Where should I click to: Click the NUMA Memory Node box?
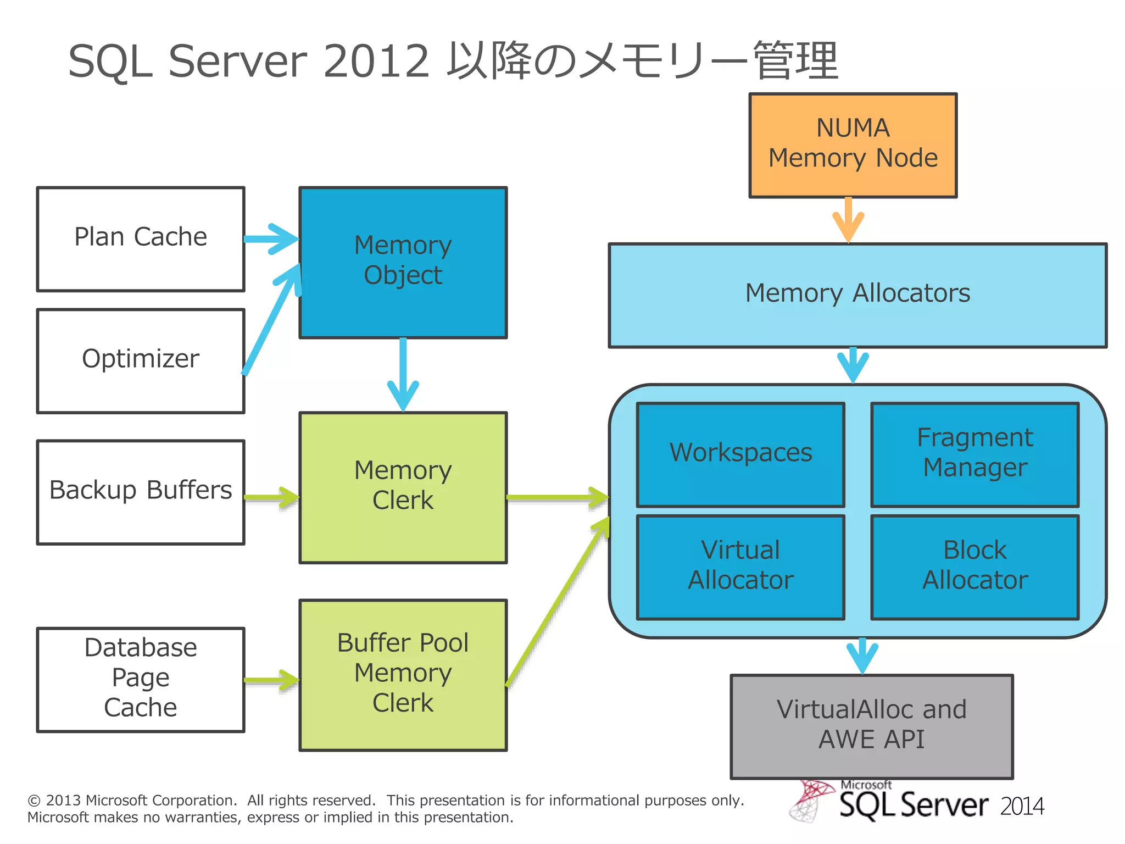pos(853,145)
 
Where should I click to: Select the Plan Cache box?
pos(141,239)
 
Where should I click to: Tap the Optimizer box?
pos(141,360)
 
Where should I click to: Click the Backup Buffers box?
pos(141,492)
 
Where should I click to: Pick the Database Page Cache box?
pos(141,679)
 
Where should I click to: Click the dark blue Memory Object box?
pos(403,262)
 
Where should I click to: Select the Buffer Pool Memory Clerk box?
pos(403,674)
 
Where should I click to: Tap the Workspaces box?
pos(740,454)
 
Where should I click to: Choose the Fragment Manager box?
pos(974,454)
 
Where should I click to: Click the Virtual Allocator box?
pos(740,567)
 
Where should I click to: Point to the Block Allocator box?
pos(974,567)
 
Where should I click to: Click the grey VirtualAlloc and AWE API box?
pos(871,726)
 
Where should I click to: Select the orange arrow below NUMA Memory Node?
pos(848,220)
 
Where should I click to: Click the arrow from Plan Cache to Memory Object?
pos(271,239)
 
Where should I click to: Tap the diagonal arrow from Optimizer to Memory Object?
pos(271,321)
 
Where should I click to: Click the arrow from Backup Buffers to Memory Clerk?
pos(271,498)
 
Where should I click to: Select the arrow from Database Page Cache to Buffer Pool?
pos(271,680)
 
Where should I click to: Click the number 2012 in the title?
pos(376,61)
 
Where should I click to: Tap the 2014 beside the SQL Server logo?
pos(1022,807)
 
